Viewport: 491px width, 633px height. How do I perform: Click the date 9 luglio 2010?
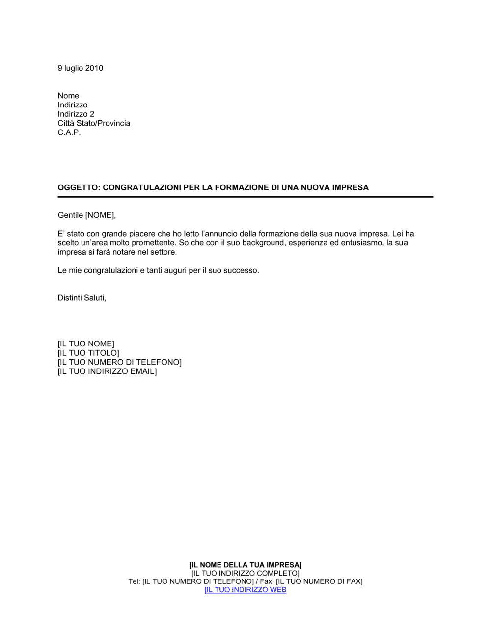80,68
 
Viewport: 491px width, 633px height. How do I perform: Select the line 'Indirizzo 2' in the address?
76,114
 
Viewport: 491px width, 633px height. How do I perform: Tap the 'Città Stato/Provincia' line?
94,123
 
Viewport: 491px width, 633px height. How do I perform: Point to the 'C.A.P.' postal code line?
69,132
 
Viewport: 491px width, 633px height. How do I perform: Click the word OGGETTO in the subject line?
78,187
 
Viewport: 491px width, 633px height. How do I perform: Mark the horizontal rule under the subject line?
245,197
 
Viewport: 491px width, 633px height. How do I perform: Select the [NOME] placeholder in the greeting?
100,215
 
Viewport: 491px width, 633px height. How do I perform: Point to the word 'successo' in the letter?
240,270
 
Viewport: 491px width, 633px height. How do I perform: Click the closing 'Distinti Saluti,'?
82,298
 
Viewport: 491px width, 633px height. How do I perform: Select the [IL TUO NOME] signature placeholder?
86,344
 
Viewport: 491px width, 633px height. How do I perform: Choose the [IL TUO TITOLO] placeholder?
88,353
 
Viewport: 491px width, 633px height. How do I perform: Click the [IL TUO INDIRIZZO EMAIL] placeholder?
107,371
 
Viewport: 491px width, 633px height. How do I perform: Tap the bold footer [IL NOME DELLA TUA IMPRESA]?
245,565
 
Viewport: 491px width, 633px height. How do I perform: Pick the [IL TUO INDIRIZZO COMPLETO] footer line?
245,573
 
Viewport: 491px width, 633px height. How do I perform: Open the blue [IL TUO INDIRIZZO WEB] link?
245,590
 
